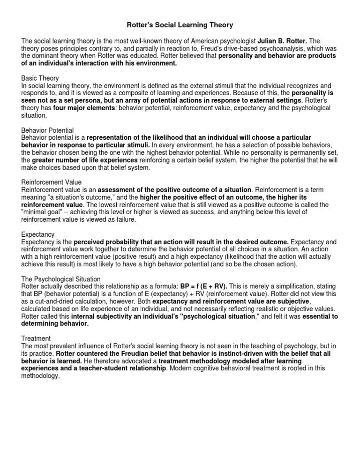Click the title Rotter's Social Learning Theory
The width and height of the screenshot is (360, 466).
[180, 24]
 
